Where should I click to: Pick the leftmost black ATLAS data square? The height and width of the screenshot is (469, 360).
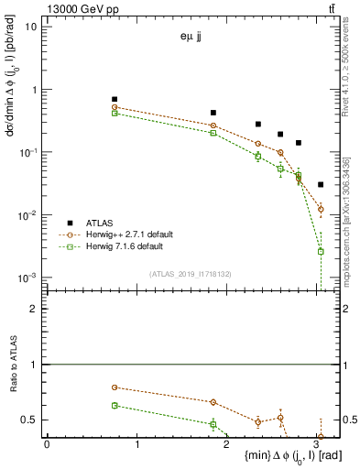[x=115, y=99]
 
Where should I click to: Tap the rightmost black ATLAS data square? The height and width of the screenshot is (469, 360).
[x=320, y=184]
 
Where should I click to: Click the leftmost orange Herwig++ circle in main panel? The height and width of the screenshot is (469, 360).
[x=115, y=107]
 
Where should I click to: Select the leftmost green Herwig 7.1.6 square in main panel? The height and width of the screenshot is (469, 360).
[x=115, y=114]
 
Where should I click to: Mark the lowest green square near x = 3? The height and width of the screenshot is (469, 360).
[x=321, y=251]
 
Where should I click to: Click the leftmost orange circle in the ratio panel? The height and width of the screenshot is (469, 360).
[x=115, y=387]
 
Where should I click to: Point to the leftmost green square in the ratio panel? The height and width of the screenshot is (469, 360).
[x=115, y=405]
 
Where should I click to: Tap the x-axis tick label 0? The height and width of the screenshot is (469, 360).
[x=46, y=445]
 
